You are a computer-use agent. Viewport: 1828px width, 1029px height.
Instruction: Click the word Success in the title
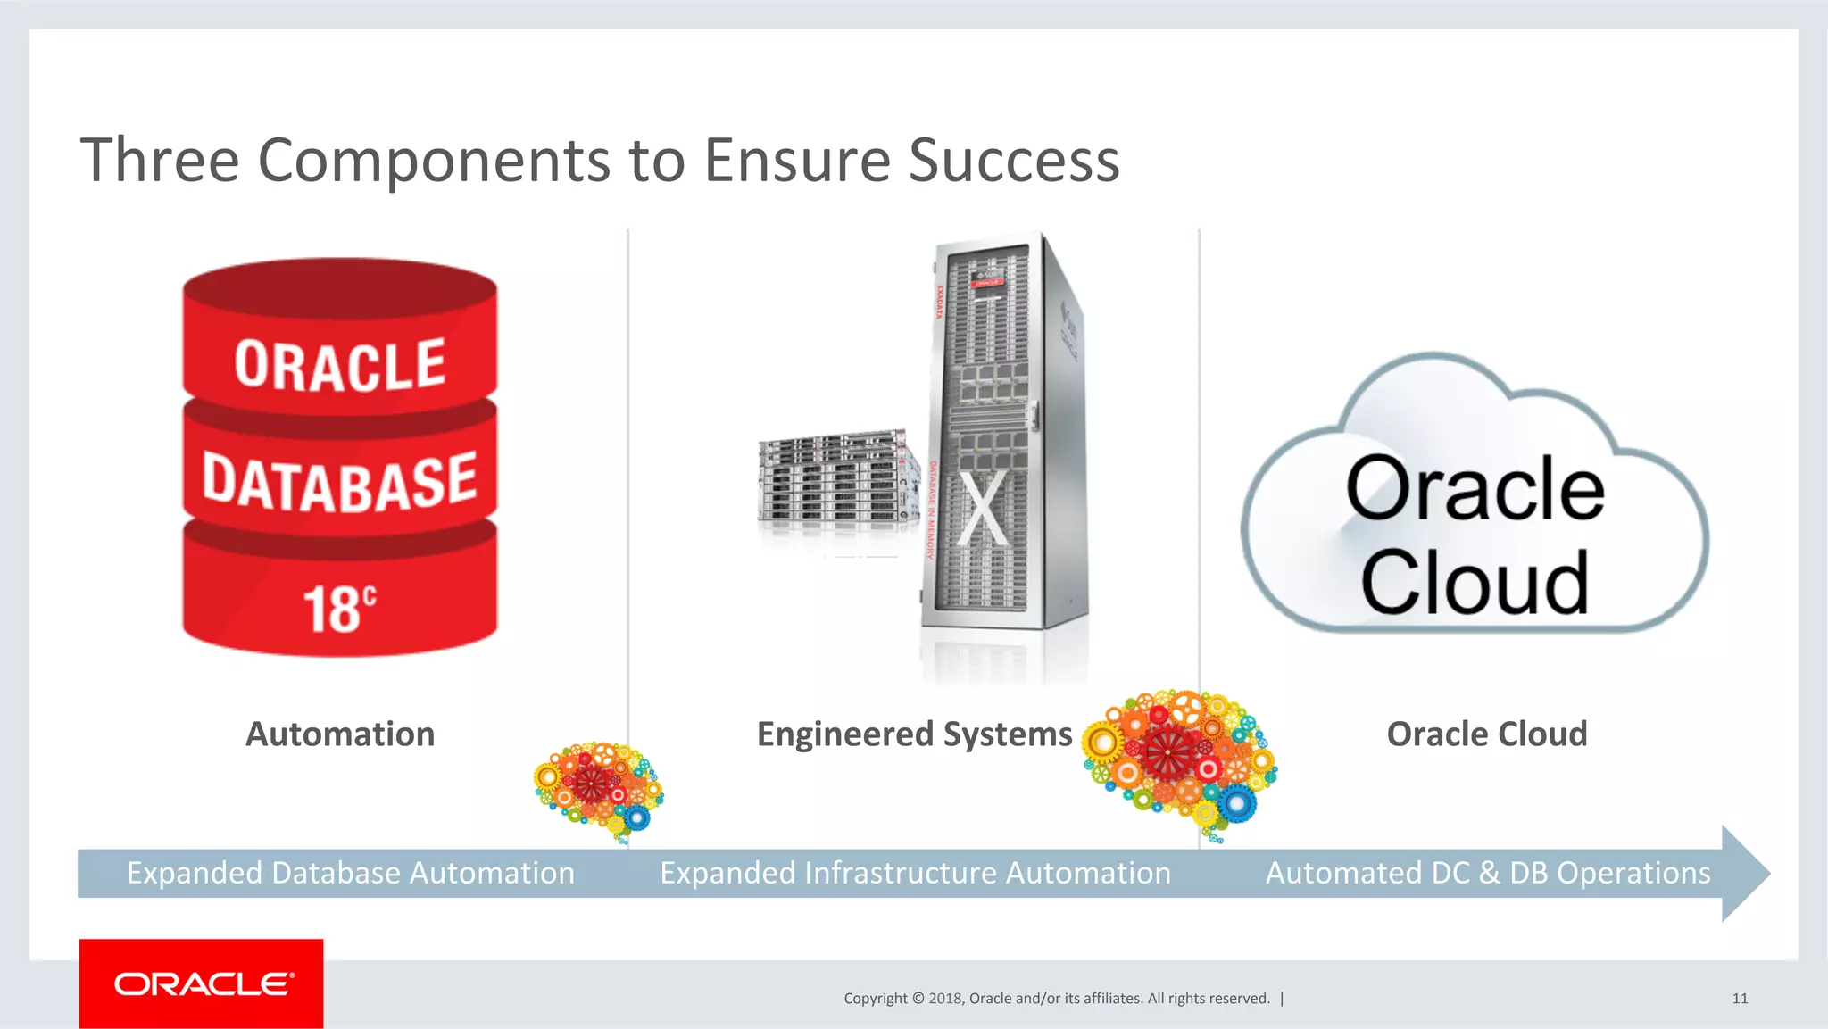tap(1014, 161)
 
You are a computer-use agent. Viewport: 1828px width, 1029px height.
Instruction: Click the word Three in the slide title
tap(160, 161)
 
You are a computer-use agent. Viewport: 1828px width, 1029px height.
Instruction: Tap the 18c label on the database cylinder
tap(339, 610)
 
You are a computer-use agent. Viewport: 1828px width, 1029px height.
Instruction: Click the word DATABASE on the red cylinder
tap(339, 483)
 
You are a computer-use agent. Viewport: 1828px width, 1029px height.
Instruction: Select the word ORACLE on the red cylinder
tap(339, 365)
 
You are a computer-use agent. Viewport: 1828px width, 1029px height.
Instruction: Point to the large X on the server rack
tap(984, 509)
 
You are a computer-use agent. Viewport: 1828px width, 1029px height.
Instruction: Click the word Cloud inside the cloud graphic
tap(1475, 583)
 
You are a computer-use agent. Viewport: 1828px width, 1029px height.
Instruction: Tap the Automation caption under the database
tap(340, 734)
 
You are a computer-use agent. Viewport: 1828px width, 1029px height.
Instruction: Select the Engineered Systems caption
tap(914, 734)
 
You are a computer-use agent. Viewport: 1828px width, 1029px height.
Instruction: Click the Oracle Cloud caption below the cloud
tap(1486, 734)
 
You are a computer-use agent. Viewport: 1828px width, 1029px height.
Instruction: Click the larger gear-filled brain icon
tap(1178, 759)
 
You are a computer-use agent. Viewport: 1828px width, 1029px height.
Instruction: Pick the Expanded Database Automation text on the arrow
tap(351, 873)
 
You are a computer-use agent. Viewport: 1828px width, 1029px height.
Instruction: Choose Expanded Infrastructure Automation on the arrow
tap(915, 873)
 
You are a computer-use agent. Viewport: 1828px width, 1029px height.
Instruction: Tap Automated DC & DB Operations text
tap(1488, 873)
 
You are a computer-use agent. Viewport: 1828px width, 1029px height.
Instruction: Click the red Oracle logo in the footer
tap(202, 983)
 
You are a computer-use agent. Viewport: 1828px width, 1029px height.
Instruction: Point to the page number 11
tap(1740, 998)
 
